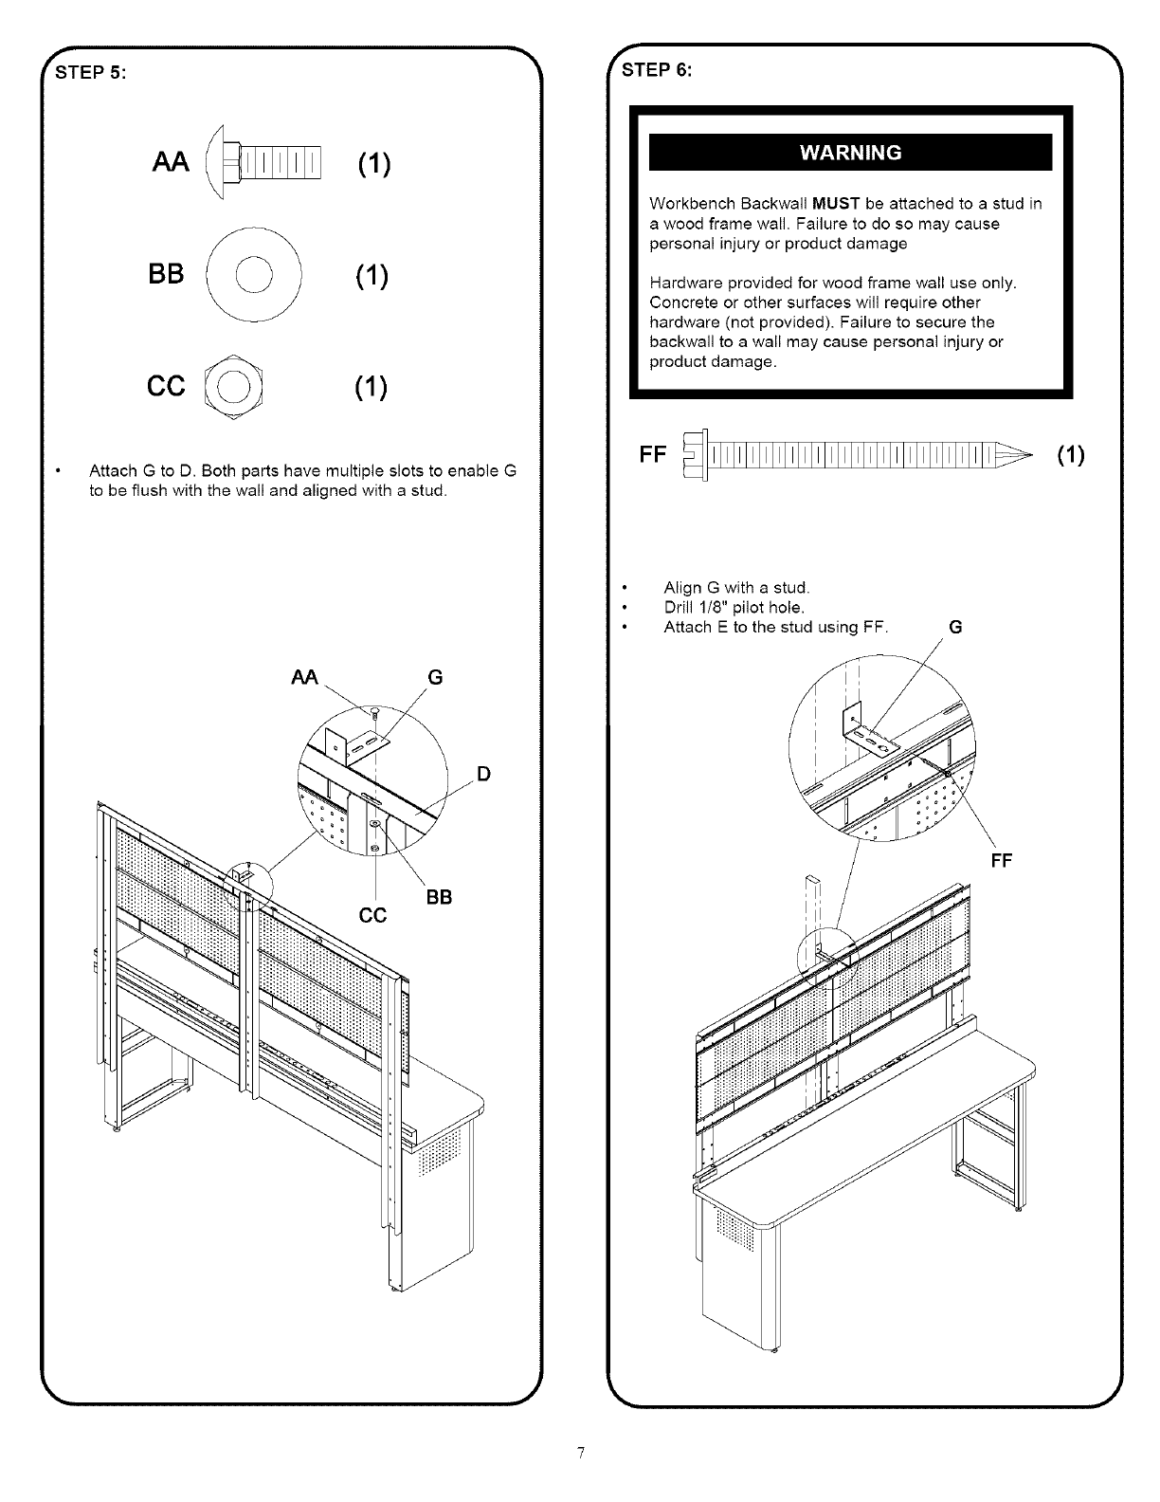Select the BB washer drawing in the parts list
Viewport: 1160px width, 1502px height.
pos(253,275)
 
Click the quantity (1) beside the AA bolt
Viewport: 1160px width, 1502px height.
pos(374,164)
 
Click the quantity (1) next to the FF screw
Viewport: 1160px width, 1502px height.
pos(1070,455)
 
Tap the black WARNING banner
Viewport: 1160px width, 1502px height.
pos(850,153)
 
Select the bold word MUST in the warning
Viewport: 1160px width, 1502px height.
pos(836,204)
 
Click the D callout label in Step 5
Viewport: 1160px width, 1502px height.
pos(483,774)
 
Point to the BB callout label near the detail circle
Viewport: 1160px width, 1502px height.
pos(438,896)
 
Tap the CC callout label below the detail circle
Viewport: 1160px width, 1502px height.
pos(374,916)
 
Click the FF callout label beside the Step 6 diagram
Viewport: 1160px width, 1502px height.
pos(1001,860)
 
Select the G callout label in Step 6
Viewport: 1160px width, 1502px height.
pos(955,627)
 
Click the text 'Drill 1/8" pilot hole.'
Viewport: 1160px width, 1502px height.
pos(734,608)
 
